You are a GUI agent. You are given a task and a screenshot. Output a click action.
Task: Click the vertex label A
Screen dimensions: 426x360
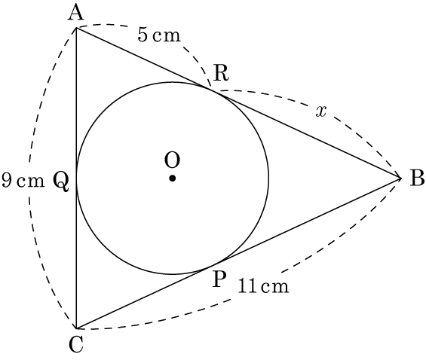click(76, 14)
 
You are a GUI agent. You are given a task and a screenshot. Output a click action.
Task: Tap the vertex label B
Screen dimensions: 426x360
click(417, 178)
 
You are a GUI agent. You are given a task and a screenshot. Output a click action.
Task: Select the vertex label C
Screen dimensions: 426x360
click(76, 344)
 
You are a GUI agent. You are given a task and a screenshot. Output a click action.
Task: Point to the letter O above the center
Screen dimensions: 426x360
click(172, 160)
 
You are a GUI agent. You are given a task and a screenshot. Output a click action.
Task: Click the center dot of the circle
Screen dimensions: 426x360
click(172, 178)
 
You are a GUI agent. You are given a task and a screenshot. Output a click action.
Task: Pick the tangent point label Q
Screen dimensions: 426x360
click(60, 181)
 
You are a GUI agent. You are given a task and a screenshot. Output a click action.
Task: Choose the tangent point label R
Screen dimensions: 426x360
click(221, 73)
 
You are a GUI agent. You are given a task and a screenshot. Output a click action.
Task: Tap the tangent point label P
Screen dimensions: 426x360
click(219, 279)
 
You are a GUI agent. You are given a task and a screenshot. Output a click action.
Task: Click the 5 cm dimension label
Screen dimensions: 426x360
click(159, 35)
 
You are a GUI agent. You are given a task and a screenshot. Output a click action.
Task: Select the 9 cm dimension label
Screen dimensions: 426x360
click(23, 181)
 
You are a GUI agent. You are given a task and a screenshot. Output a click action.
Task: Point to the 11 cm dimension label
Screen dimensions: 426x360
click(264, 285)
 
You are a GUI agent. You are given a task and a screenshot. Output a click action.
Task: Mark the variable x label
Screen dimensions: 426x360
click(321, 111)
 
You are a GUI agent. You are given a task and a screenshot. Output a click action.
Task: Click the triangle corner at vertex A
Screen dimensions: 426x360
click(76, 28)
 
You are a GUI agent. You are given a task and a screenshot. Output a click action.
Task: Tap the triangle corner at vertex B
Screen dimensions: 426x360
click(401, 178)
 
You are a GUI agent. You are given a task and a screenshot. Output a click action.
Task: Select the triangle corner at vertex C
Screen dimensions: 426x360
click(76, 328)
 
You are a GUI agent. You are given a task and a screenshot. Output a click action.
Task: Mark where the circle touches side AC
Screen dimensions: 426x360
click(76, 178)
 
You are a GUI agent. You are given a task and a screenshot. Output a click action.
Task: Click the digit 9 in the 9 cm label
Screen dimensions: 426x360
click(7, 181)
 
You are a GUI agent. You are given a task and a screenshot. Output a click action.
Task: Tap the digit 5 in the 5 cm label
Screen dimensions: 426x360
click(143, 35)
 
